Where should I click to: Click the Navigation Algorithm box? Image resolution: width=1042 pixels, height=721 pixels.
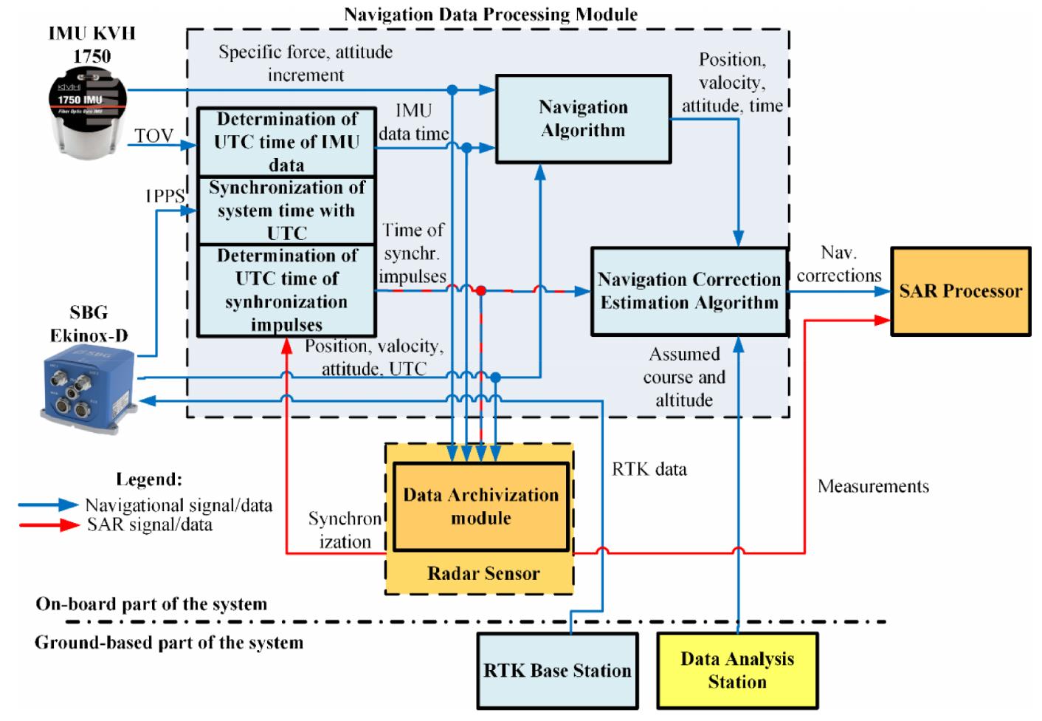(583, 118)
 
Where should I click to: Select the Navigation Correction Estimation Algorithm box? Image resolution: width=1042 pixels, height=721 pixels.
(688, 291)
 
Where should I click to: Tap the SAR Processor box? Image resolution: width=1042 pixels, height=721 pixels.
(960, 291)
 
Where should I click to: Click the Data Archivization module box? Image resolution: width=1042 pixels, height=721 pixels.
(481, 507)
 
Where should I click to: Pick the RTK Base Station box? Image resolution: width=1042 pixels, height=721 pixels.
(557, 671)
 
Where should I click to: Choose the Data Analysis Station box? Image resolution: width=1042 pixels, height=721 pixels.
(737, 671)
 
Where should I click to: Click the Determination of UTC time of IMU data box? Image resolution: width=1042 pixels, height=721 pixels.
(286, 142)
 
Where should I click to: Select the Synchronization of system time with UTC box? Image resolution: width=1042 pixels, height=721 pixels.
(286, 211)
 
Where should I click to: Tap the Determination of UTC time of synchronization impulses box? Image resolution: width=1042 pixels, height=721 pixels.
(286, 290)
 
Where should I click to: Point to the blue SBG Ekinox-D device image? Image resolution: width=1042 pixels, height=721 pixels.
(89, 387)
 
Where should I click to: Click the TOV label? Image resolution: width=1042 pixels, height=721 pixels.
(153, 136)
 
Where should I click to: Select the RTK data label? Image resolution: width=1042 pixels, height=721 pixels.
(649, 469)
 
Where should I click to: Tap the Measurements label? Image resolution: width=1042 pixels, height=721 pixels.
(873, 486)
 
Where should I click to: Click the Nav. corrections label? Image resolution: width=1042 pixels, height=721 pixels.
(839, 264)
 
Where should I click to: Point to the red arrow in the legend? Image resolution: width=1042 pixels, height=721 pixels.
(48, 525)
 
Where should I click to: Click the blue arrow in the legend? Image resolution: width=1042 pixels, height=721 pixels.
(48, 505)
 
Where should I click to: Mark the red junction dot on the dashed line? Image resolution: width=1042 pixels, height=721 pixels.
(480, 291)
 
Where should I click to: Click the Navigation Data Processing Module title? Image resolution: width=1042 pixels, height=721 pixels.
(491, 14)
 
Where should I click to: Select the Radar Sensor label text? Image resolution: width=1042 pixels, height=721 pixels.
(483, 573)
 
